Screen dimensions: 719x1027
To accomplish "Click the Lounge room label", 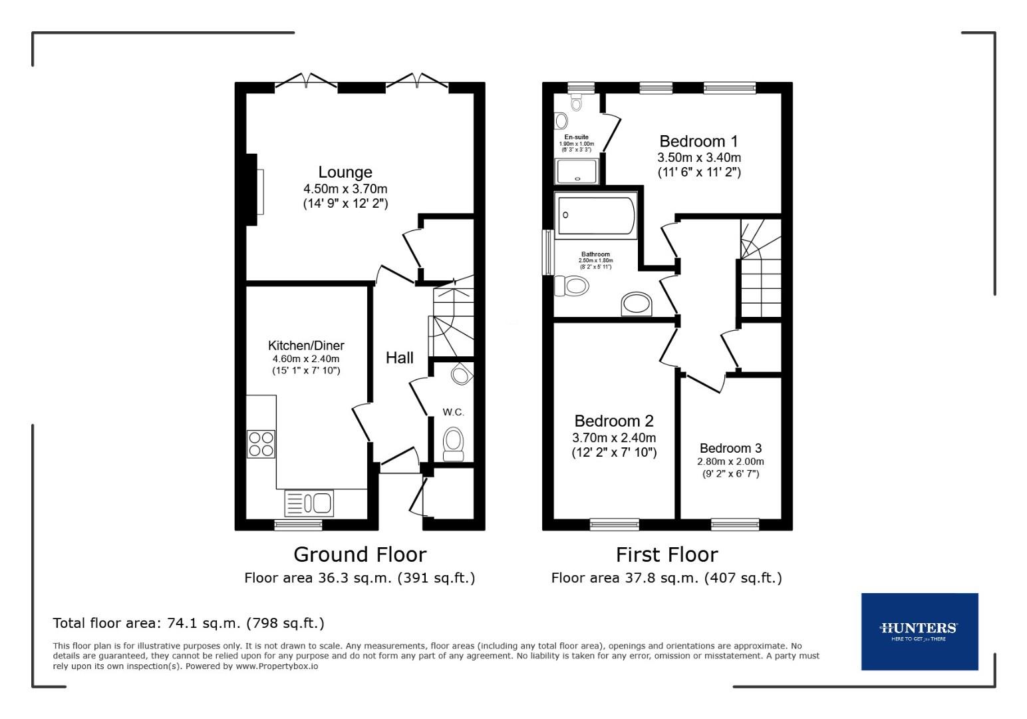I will (x=345, y=172).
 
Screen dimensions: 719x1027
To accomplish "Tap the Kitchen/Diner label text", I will (x=306, y=346).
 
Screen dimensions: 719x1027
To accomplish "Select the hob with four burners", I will (x=261, y=444).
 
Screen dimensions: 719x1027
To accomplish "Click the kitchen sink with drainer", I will (x=309, y=503).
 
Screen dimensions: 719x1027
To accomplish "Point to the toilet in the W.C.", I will (x=454, y=443).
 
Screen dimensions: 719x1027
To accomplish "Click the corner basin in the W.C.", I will (x=460, y=375).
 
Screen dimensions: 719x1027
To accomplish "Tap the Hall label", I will (x=400, y=358).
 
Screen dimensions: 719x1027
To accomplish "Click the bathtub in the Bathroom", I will (x=596, y=216).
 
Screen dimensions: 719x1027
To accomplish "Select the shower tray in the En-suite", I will (x=579, y=170).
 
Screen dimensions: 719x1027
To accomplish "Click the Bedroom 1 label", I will (x=698, y=141).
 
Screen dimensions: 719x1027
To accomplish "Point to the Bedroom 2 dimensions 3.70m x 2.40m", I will (x=614, y=438).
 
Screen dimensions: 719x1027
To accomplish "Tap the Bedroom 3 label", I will (x=730, y=448).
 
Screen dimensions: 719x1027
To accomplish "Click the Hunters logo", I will (x=919, y=631).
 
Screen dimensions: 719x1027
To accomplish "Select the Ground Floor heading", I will (x=360, y=554).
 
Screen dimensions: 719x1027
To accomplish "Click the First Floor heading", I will (x=666, y=554).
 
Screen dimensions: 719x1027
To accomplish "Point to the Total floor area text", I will (x=188, y=623).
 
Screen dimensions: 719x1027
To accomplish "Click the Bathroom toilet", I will (x=572, y=286).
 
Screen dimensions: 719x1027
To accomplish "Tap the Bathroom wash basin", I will (x=637, y=304).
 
